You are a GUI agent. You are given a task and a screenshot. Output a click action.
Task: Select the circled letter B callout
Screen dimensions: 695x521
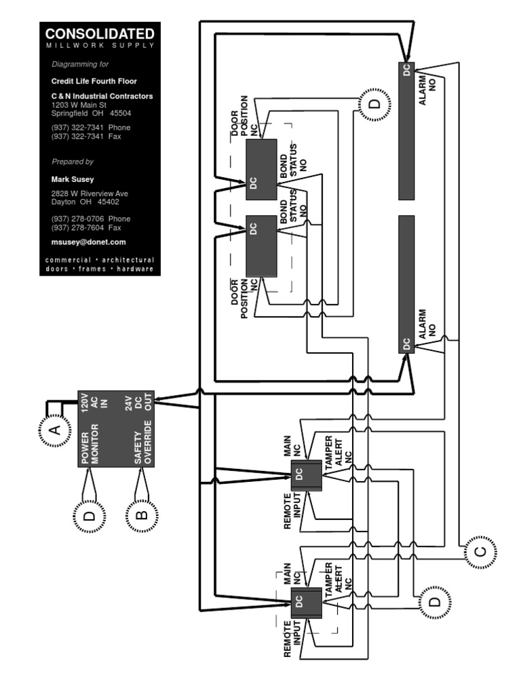[140, 514]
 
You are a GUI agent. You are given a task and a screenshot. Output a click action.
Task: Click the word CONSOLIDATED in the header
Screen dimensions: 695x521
[100, 34]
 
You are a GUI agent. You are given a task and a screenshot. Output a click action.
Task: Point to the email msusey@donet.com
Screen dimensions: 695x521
[89, 242]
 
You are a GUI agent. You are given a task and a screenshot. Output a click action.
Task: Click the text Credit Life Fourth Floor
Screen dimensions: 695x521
[94, 81]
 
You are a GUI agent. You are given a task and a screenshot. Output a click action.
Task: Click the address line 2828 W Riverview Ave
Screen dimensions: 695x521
[90, 193]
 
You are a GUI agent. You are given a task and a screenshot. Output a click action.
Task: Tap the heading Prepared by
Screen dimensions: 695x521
[73, 162]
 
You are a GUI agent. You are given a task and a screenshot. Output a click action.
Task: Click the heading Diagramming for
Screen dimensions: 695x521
[80, 64]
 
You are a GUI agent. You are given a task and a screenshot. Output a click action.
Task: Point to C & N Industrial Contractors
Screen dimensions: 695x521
[102, 96]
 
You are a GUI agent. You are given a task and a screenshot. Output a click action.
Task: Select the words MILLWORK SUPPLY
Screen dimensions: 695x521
[100, 45]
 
